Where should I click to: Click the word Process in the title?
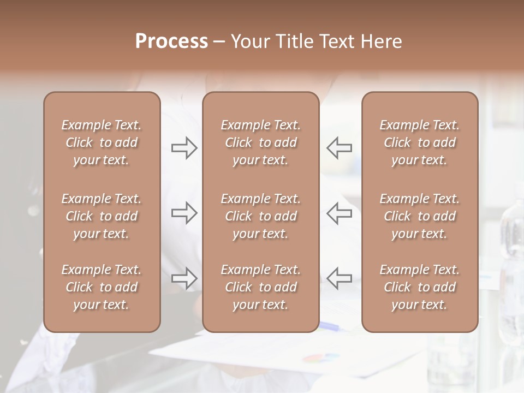[171, 41]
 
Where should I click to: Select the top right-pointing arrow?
[184, 148]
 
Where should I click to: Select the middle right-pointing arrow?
[184, 213]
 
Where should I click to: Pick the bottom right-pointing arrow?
[184, 278]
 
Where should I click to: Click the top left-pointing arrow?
[339, 148]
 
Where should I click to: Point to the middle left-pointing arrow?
[339, 213]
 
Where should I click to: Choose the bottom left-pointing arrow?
[339, 278]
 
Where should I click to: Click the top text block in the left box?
[102, 142]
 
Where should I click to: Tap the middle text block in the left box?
[102, 216]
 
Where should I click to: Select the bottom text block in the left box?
[102, 287]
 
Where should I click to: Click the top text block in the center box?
[260, 142]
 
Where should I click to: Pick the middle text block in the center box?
[260, 216]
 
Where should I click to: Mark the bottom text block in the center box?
[260, 287]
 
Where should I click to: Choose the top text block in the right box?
[419, 142]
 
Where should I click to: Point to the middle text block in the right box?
[419, 216]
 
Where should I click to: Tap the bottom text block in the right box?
[419, 287]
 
